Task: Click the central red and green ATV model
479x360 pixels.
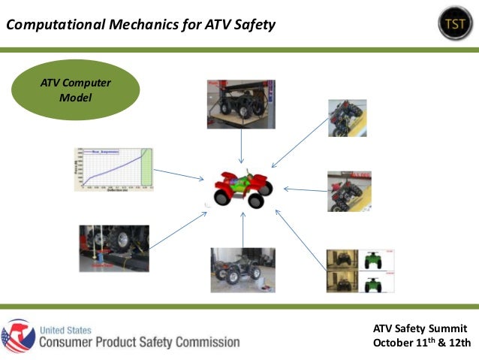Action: click(x=241, y=187)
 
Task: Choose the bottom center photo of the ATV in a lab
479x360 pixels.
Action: click(x=241, y=269)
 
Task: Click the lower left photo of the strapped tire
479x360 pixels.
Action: click(x=113, y=247)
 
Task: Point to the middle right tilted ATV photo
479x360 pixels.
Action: click(x=350, y=191)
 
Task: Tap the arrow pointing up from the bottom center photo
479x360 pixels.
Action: click(x=243, y=228)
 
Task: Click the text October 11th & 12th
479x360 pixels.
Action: click(x=421, y=343)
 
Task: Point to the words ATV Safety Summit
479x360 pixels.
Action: click(x=420, y=328)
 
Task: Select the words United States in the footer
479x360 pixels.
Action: click(x=65, y=328)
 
